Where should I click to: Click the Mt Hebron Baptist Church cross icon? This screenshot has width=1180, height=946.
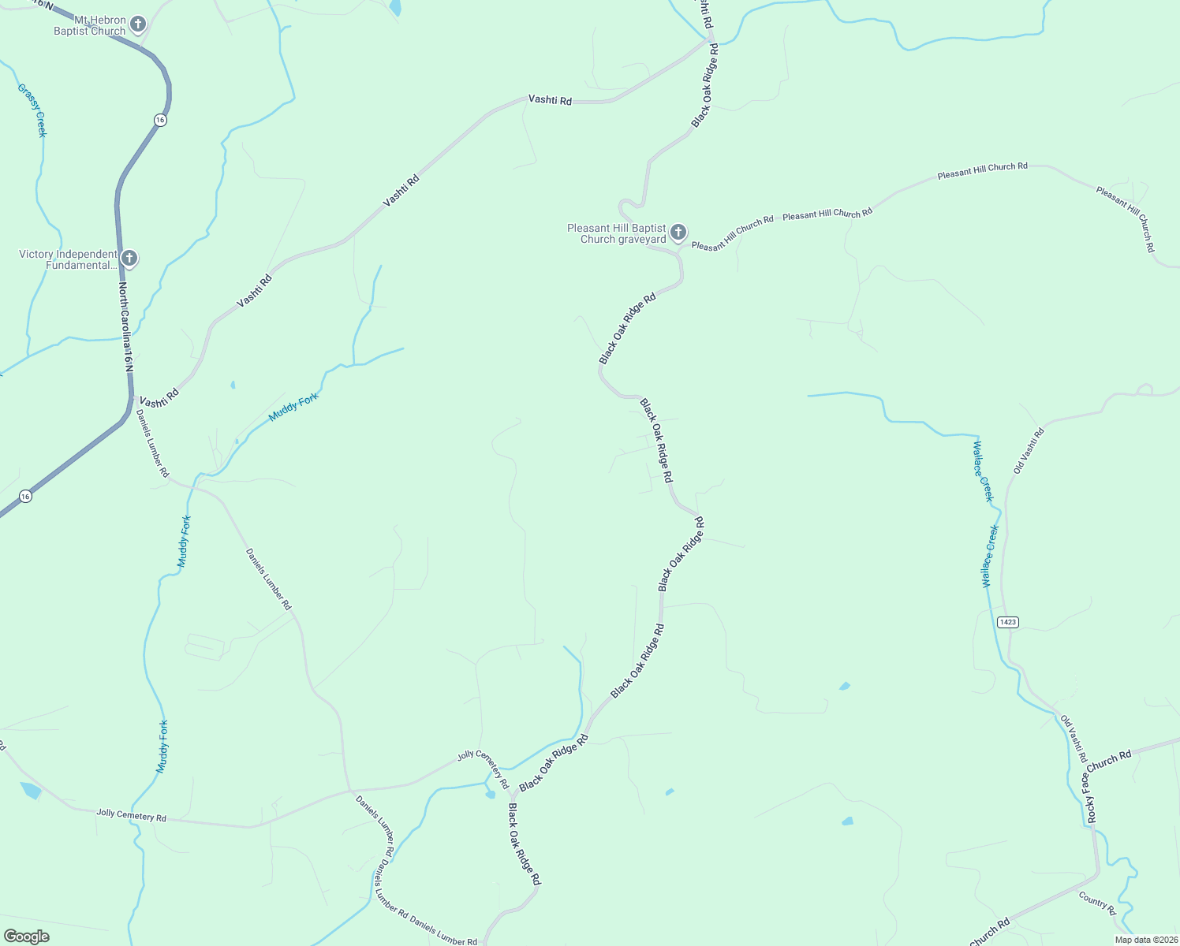[x=137, y=24]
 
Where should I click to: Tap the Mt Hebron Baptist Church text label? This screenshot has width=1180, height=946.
[x=89, y=25]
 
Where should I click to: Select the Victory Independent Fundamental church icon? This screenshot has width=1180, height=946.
[x=129, y=258]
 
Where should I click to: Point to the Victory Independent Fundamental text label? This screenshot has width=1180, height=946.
[x=68, y=259]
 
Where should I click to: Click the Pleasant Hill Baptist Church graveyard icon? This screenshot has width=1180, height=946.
[x=678, y=233]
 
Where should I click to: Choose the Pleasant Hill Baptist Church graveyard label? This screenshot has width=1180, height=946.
[x=616, y=233]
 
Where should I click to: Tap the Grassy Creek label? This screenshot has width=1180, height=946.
[x=32, y=110]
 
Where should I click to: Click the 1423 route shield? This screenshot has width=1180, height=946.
[x=1007, y=622]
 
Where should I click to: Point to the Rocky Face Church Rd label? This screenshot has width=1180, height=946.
[x=1108, y=785]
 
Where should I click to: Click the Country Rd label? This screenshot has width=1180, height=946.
[x=1097, y=903]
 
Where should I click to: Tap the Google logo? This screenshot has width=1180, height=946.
[x=26, y=937]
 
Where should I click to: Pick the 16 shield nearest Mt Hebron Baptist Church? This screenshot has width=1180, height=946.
[x=160, y=120]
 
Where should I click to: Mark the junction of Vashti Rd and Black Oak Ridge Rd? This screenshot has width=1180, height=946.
[x=710, y=39]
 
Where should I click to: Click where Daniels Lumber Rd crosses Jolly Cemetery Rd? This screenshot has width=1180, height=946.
[x=350, y=790]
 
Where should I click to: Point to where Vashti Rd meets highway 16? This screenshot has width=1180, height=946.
[x=132, y=396]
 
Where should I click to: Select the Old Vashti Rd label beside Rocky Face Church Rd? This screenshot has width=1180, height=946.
[x=1073, y=739]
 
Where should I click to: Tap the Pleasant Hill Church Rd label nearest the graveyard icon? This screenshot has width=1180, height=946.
[x=732, y=233]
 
